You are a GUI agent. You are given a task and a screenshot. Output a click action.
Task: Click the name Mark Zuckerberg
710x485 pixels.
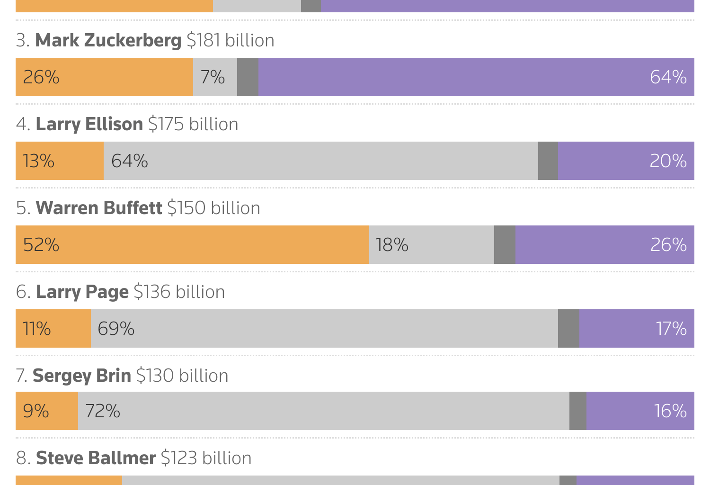[x=108, y=41]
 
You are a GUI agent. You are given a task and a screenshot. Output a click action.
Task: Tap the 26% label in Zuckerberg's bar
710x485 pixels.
[x=41, y=77]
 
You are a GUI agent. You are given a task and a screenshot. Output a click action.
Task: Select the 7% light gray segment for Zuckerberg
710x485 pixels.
[x=214, y=77]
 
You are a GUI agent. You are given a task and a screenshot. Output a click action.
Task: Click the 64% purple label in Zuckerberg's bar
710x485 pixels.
[x=668, y=77]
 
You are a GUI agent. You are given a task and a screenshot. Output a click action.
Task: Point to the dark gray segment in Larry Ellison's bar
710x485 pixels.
[x=548, y=161]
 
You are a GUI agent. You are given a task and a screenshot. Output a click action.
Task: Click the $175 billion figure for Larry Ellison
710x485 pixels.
[x=193, y=125]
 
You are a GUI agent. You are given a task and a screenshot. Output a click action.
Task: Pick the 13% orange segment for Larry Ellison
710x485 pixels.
[x=60, y=161]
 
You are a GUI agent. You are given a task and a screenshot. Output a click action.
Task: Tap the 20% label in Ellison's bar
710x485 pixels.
[x=668, y=161]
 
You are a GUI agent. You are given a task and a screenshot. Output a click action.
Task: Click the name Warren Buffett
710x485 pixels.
[x=99, y=208]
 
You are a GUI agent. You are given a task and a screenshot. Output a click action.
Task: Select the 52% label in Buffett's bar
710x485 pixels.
[x=41, y=245]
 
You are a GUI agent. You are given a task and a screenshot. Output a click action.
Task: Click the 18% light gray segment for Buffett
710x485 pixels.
[x=431, y=245]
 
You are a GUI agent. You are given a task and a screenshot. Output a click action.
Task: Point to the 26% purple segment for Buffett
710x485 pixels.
[x=604, y=245]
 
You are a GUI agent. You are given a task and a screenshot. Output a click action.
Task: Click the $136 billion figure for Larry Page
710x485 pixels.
[x=179, y=292]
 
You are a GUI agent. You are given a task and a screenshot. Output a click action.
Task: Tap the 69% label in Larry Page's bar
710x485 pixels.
[x=116, y=329]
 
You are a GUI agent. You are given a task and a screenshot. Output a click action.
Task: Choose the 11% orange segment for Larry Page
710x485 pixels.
[x=53, y=329]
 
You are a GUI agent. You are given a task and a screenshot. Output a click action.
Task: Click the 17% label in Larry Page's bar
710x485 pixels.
[x=671, y=329]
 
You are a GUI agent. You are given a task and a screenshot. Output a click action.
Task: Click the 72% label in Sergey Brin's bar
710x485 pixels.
[x=103, y=411]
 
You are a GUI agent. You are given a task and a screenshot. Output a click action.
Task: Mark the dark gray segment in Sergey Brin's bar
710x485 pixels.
[x=577, y=411]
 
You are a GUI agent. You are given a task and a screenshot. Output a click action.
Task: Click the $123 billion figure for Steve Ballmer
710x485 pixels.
[x=206, y=458]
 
